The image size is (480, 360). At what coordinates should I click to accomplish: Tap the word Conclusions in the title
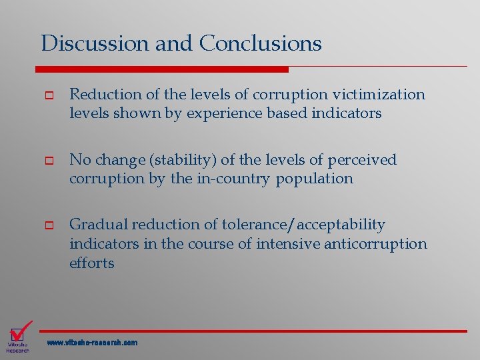[260, 43]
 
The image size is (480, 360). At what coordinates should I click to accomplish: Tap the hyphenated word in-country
[235, 179]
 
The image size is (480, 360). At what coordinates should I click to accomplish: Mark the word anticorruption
[375, 244]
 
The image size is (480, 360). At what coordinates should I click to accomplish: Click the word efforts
[92, 263]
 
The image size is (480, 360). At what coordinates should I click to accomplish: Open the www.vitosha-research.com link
[92, 343]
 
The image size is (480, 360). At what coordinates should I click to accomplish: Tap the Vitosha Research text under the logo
[17, 347]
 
